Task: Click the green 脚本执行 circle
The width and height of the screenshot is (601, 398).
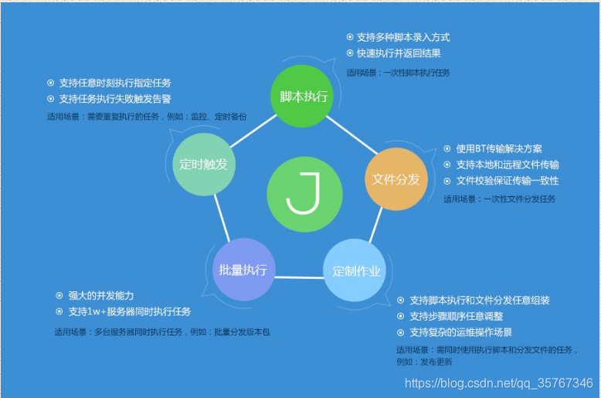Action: pyautogui.click(x=304, y=97)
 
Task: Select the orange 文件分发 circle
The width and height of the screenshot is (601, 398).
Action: pyautogui.click(x=396, y=179)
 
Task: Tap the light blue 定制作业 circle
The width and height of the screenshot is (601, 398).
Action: pyautogui.click(x=355, y=270)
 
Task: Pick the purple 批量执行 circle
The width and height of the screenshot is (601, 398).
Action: pyautogui.click(x=243, y=270)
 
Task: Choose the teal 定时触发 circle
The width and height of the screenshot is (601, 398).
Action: pyautogui.click(x=204, y=164)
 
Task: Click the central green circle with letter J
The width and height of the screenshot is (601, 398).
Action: pyautogui.click(x=304, y=195)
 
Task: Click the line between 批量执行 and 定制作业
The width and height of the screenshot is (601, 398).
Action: pyautogui.click(x=298, y=277)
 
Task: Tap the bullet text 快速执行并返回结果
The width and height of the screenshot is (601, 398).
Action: pyautogui.click(x=399, y=53)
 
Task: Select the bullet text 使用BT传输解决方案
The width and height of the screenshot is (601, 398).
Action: pyautogui.click(x=499, y=149)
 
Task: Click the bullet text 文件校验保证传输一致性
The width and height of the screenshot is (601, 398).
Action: pyautogui.click(x=507, y=181)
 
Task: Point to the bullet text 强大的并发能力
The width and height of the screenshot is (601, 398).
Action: pyautogui.click(x=100, y=296)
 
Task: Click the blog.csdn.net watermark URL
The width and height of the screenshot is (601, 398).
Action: pyautogui.click(x=499, y=383)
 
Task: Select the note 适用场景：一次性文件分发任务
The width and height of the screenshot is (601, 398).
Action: pyautogui.click(x=499, y=199)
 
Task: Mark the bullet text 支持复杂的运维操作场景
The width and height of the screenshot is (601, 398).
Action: pyautogui.click(x=460, y=332)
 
